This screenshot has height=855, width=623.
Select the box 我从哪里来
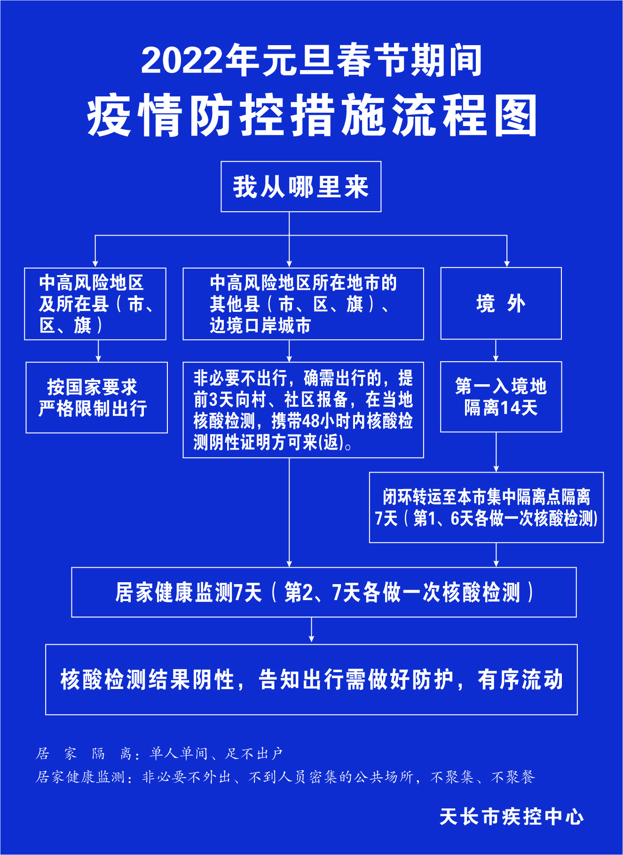pyautogui.click(x=301, y=187)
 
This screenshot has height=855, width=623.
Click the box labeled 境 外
pyautogui.click(x=501, y=303)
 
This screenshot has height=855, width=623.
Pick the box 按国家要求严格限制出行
pyautogui.click(x=96, y=397)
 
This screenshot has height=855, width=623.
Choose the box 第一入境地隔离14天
pyautogui.click(x=501, y=396)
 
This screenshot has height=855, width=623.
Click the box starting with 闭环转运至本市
pyautogui.click(x=486, y=507)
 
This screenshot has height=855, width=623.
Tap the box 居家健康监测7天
pyautogui.click(x=324, y=592)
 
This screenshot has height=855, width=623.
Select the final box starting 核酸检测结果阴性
pyautogui.click(x=311, y=680)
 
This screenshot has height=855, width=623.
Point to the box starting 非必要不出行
pyautogui.click(x=303, y=410)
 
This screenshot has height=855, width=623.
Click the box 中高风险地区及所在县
pyautogui.click(x=95, y=304)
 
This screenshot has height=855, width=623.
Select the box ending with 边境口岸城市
pyautogui.click(x=303, y=304)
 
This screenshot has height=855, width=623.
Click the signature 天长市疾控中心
pyautogui.click(x=512, y=817)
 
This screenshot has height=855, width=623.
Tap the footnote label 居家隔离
pyautogui.click(x=84, y=754)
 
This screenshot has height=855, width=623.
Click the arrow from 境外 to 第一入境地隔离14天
pyautogui.click(x=496, y=350)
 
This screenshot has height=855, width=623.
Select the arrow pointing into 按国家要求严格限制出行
pyautogui.click(x=98, y=351)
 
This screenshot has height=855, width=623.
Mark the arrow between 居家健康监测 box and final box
pyautogui.click(x=311, y=630)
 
